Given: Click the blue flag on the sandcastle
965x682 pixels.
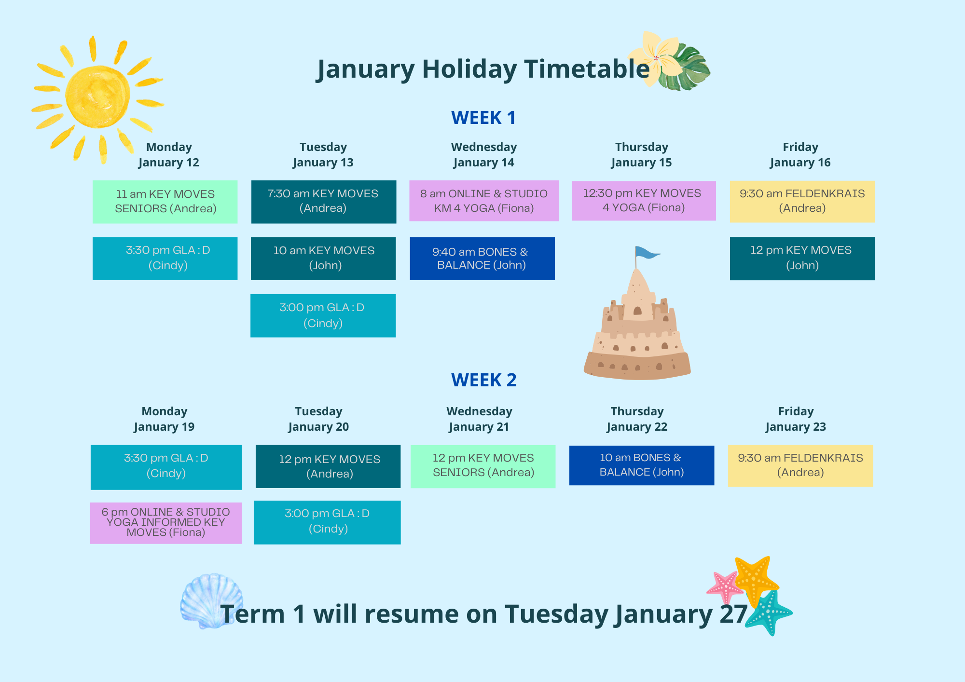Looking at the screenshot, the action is click(x=646, y=252).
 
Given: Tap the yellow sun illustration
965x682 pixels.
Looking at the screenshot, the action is click(x=98, y=96).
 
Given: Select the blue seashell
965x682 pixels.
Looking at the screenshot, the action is click(x=211, y=600).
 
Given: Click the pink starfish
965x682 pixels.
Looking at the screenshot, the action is click(x=725, y=587).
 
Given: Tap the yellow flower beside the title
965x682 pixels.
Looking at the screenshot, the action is click(x=654, y=58).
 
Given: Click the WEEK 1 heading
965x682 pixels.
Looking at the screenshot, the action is click(x=483, y=118).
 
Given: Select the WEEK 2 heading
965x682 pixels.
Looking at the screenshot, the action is click(x=483, y=380).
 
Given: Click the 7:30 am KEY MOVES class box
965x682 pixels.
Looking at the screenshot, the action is click(x=324, y=202).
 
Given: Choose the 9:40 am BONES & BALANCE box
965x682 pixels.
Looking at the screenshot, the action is click(x=482, y=259).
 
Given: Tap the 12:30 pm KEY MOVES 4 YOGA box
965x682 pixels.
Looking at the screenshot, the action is click(x=644, y=201).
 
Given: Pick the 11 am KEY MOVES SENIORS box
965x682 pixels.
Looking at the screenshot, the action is click(x=165, y=202).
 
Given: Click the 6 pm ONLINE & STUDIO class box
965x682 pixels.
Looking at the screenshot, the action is click(x=166, y=523).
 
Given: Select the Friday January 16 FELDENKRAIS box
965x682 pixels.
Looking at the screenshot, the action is click(x=802, y=202).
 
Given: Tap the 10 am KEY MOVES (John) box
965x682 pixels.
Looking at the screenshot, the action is click(x=323, y=259).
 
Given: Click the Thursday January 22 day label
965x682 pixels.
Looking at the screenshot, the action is click(x=637, y=419).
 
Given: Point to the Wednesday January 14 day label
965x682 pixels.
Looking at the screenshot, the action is click(x=484, y=155).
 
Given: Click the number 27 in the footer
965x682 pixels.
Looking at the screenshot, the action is click(x=733, y=614).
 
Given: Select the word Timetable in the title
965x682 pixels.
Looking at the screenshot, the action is click(x=587, y=68).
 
